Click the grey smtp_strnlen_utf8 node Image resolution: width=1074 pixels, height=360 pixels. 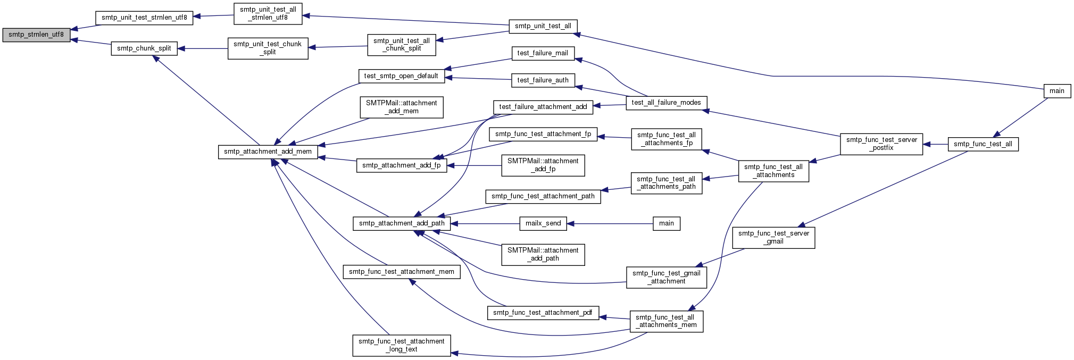point(36,35)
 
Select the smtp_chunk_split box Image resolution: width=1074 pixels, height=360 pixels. point(144,48)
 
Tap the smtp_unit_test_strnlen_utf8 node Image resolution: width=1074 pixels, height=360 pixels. point(144,18)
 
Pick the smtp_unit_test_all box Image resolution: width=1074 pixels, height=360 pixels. point(543,26)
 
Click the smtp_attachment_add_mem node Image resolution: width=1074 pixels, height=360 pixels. point(268,152)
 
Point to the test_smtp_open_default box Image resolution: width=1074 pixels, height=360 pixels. point(401,76)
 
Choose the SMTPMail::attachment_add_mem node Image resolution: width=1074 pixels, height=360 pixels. point(402,107)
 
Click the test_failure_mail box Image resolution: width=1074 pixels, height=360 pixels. point(543,53)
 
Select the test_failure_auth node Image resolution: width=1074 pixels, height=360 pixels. point(543,80)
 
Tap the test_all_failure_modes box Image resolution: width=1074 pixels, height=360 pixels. point(667,103)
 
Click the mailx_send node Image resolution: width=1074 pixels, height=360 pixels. point(543,223)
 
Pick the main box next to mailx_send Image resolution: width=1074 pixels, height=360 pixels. point(667,223)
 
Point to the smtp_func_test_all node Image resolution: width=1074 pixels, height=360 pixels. point(983,144)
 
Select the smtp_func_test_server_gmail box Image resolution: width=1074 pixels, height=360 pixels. point(774,237)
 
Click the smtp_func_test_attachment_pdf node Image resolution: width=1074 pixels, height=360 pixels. point(543,313)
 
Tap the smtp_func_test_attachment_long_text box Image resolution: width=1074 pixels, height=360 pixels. point(402,345)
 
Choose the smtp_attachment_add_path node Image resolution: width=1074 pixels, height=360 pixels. point(402,223)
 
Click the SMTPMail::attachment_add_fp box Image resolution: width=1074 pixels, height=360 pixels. point(543,165)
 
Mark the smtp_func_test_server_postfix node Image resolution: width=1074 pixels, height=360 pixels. point(881,144)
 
